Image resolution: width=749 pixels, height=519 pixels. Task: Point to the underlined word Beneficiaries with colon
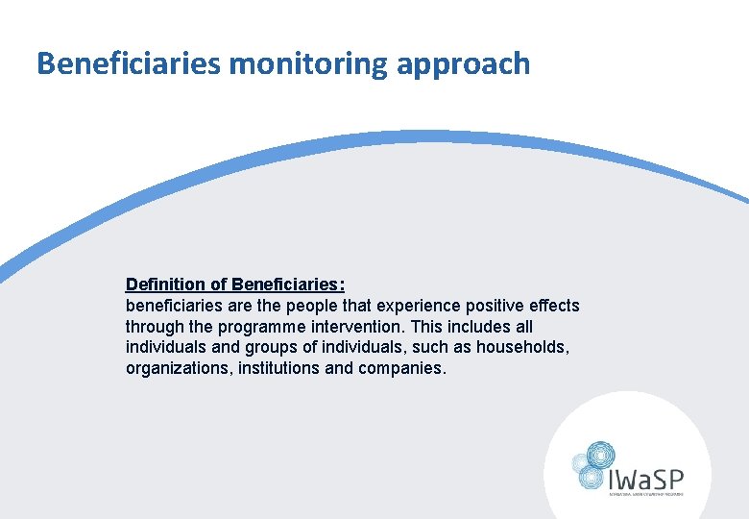coord(288,284)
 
